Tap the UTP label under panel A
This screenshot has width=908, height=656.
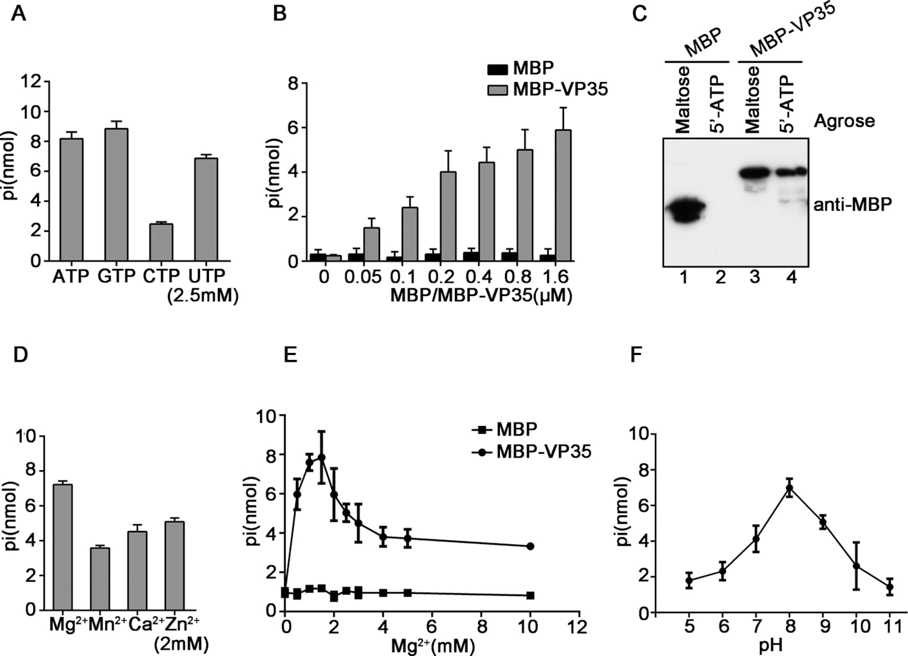click(207, 276)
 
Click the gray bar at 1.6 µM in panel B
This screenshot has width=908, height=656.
click(563, 195)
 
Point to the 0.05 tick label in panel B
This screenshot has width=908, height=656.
click(363, 277)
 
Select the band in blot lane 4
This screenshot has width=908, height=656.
click(790, 172)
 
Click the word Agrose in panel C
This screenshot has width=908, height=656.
click(845, 120)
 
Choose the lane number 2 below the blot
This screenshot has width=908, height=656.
click(720, 277)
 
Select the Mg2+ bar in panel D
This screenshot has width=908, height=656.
click(63, 547)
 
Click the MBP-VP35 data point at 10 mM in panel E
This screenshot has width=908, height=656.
click(531, 546)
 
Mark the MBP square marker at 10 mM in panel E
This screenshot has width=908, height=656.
click(531, 595)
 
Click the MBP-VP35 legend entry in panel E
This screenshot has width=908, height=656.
click(532, 452)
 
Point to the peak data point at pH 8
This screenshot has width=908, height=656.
click(789, 488)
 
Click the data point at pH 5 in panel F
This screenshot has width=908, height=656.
click(689, 581)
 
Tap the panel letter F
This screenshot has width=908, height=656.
click(636, 354)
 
